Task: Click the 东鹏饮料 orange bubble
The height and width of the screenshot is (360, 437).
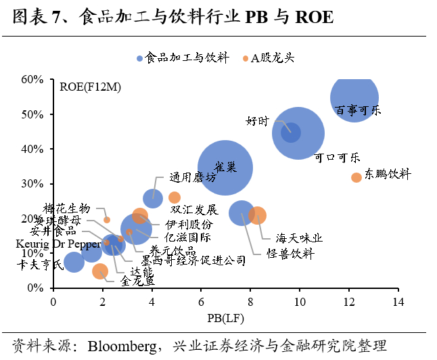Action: coord(356,177)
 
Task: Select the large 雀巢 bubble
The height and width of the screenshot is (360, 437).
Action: coord(225,168)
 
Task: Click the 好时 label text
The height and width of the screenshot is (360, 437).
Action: coord(257,121)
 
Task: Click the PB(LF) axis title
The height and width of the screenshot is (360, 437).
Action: coord(225,316)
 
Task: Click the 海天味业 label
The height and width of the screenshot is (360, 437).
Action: coord(299,238)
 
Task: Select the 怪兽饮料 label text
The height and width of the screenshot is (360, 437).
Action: coord(291,254)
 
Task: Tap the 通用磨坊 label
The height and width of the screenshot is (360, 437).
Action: coord(193,177)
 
